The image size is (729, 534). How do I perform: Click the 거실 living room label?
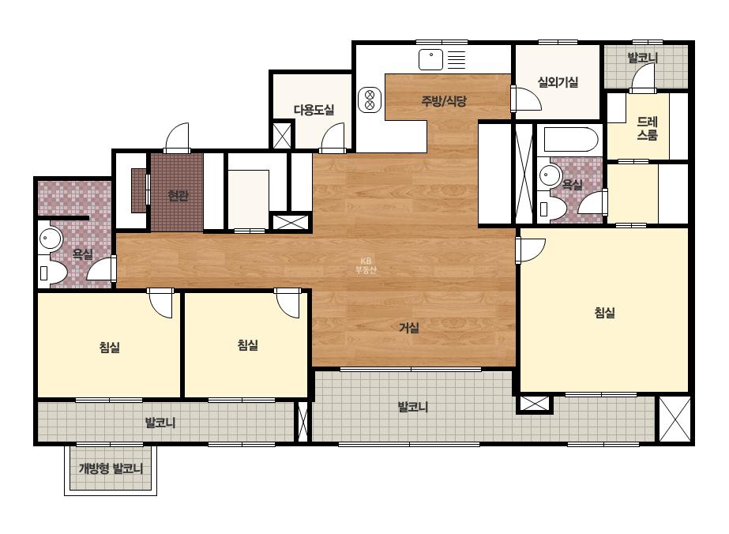point(409,328)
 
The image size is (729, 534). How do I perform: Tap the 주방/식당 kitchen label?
point(444,101)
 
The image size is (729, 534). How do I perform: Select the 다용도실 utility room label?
point(314,110)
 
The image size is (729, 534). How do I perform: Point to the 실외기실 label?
point(558,82)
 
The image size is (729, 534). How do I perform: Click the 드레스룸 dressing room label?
point(647,129)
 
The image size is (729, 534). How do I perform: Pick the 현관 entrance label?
point(178,195)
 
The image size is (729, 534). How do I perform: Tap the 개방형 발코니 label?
point(111,468)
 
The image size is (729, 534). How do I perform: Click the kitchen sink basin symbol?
point(431,59)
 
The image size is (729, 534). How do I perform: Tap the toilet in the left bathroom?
point(52,273)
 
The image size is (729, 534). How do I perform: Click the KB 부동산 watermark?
point(366,265)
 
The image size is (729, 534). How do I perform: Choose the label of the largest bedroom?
point(604,312)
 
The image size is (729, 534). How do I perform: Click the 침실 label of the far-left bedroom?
point(110,347)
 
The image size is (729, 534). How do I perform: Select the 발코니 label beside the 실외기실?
point(643,58)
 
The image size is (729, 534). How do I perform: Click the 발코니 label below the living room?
point(413,407)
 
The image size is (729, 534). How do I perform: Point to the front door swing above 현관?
point(177,137)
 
